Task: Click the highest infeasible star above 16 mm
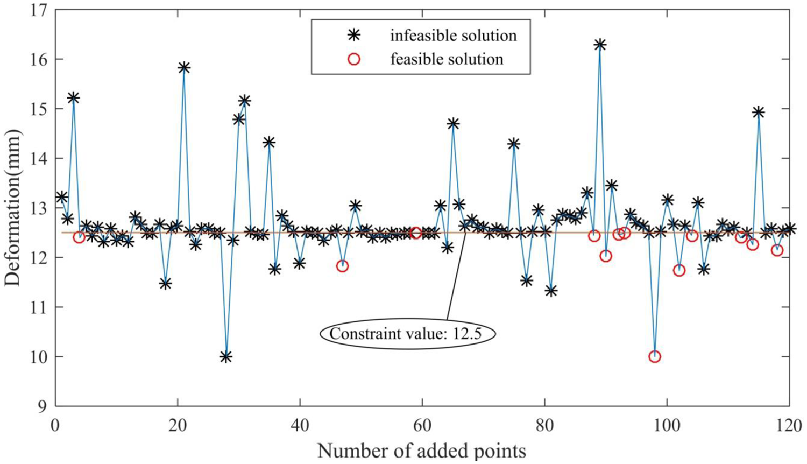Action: click(600, 45)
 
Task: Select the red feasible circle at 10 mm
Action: click(655, 356)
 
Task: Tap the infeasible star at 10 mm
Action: click(226, 357)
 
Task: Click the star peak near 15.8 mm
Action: click(184, 67)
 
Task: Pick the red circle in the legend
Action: click(355, 59)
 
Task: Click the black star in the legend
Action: click(355, 36)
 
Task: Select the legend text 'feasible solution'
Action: click(447, 59)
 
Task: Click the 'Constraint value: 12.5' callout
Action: click(407, 334)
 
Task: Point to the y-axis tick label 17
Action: click(40, 10)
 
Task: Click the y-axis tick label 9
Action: click(45, 406)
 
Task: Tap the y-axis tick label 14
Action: click(40, 158)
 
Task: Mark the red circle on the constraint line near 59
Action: click(416, 233)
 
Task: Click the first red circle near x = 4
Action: click(79, 237)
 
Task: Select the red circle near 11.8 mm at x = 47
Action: click(342, 266)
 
